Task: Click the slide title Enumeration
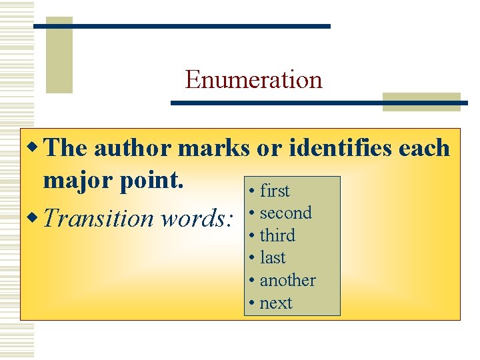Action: (253, 80)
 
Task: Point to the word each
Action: (424, 148)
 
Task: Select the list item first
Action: (275, 191)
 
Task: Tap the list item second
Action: (285, 213)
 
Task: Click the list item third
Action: (277, 235)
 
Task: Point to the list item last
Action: (273, 258)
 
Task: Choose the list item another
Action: (287, 280)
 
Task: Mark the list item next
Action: (276, 303)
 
